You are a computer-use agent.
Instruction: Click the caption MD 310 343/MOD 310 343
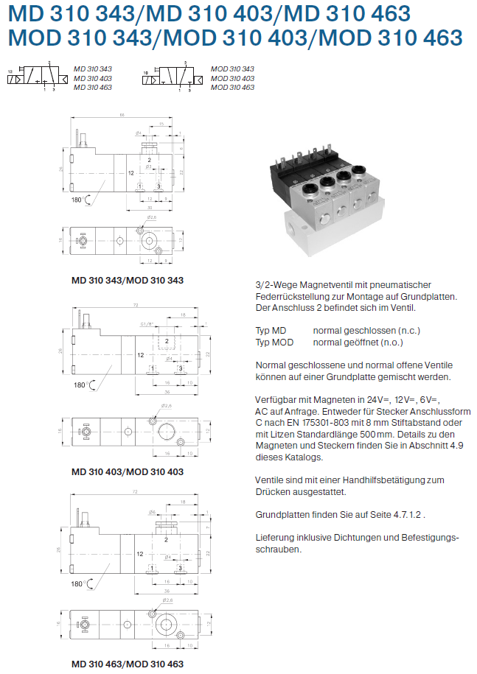point(127,280)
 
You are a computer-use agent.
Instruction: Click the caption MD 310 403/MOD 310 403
point(127,471)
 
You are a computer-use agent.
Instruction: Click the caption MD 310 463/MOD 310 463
point(127,663)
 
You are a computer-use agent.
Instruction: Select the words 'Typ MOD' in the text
point(274,343)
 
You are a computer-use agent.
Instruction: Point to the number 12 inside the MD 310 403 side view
point(140,355)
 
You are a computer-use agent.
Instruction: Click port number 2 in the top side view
point(149,160)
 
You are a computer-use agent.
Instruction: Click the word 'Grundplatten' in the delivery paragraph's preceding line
point(284,514)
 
